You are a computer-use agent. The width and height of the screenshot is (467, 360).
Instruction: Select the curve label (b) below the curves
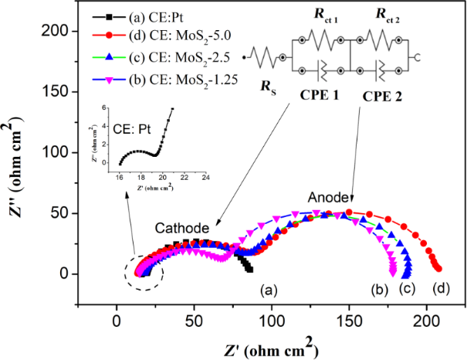380,290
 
